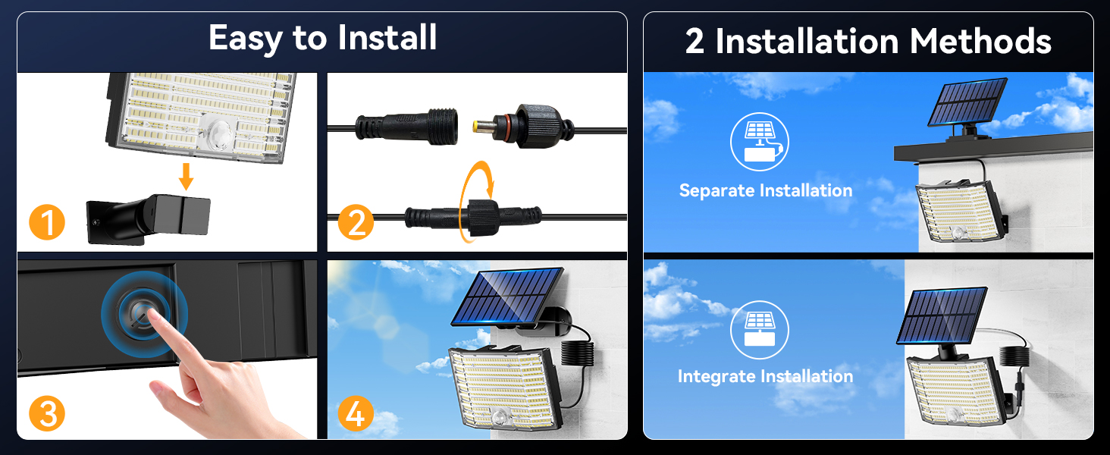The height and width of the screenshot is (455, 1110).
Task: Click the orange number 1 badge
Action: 47,222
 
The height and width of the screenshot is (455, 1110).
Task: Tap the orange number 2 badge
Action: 356,222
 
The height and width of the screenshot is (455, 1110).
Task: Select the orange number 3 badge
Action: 47,413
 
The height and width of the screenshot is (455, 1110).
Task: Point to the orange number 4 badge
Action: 356,413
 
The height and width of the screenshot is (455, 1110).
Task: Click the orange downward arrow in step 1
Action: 187,177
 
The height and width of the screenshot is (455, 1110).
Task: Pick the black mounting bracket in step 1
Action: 149,218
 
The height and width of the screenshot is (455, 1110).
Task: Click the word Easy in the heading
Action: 246,38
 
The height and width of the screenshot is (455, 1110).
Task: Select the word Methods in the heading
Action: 980,41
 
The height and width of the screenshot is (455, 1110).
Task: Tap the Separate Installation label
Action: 766,191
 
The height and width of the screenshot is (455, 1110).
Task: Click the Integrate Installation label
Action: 766,376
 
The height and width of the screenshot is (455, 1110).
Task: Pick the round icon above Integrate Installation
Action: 760,330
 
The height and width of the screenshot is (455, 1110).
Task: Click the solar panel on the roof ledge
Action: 967,102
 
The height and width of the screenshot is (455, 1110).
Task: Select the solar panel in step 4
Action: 507,297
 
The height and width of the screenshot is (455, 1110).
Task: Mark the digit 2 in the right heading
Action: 695,41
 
